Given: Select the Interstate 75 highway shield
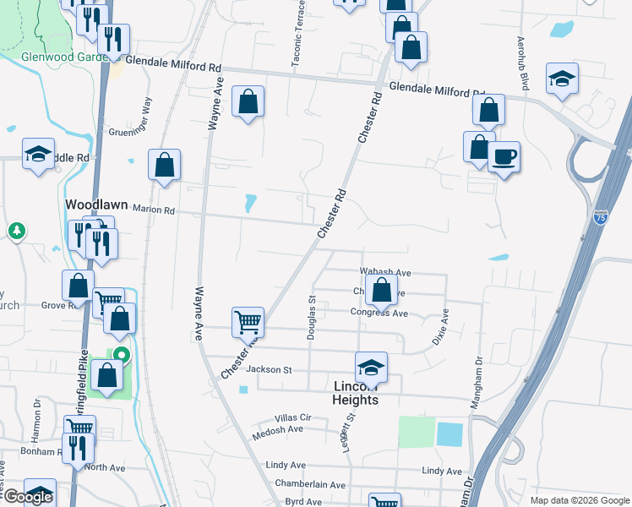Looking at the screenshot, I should pos(600,218).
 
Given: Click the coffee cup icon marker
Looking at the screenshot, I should pos(504,157).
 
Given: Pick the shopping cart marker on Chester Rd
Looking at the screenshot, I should pos(248,321).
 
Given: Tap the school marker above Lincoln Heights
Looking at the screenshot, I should pos(371,367).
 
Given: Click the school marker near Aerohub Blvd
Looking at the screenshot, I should pos(562,79).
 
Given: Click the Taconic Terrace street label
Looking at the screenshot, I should pos(298,43).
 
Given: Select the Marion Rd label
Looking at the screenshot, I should pos(153,210).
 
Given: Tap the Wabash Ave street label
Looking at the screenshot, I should pos(384,273).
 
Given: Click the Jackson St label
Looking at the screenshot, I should pos(269,369).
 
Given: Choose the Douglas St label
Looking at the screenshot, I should pos(312,317).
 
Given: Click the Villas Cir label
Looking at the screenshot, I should pos(293,418).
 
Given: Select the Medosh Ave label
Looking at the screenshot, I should pos(277,428).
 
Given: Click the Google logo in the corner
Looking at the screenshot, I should pos(27,497).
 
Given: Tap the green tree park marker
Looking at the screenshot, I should pos(16,231).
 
